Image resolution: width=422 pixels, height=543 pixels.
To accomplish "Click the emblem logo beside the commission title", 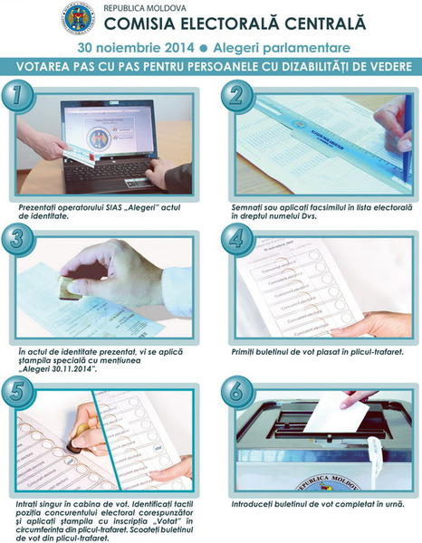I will pyautogui.click(x=79, y=17).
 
